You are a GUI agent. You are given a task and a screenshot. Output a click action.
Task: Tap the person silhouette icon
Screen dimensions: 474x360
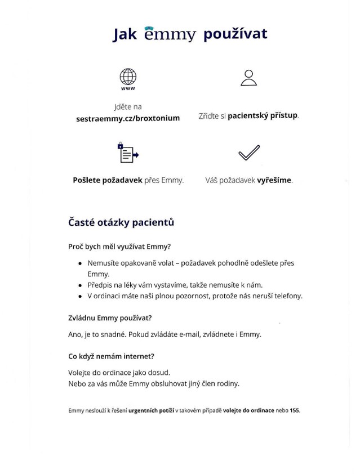coord(248,78)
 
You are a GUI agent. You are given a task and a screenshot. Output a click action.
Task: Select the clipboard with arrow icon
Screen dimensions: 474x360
coord(128,153)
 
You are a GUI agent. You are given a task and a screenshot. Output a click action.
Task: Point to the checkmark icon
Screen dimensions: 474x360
coord(248,153)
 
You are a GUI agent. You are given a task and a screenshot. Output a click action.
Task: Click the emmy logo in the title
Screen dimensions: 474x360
coord(170,35)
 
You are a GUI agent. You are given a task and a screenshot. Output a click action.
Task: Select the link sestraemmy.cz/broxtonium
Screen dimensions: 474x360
coord(128,119)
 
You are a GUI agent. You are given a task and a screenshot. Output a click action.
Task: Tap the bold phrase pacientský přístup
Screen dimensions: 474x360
coord(263,116)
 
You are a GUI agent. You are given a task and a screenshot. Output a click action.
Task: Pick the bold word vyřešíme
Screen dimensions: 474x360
coord(274,181)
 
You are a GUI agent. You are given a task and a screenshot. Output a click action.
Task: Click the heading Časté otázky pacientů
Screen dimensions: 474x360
coord(121,222)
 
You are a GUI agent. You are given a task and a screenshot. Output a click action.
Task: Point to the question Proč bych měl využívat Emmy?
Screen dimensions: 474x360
coord(119,247)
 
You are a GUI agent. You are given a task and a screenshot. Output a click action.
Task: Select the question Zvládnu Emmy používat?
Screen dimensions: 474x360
coord(110,318)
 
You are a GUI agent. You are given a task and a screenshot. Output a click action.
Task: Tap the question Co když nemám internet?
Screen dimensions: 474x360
coord(111,356)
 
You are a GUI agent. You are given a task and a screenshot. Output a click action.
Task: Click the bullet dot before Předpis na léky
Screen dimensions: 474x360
coord(81,285)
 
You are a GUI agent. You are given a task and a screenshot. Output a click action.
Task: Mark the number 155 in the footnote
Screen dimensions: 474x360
coord(295,411)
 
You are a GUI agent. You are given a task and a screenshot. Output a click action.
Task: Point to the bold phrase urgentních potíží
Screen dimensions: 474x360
coord(151,411)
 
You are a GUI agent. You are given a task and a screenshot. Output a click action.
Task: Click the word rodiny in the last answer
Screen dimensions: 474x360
coord(228,384)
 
